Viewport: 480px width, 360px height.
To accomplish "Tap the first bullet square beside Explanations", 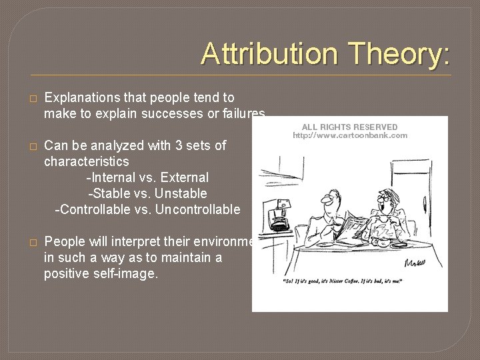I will tap(30, 98).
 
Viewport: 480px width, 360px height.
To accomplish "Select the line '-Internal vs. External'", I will tap(147, 178).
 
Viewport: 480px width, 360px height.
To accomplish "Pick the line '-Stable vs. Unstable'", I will tap(147, 193).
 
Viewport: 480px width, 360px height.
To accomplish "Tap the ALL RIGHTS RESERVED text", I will tap(349, 127).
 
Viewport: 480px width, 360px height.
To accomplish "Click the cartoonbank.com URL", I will tap(349, 136).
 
